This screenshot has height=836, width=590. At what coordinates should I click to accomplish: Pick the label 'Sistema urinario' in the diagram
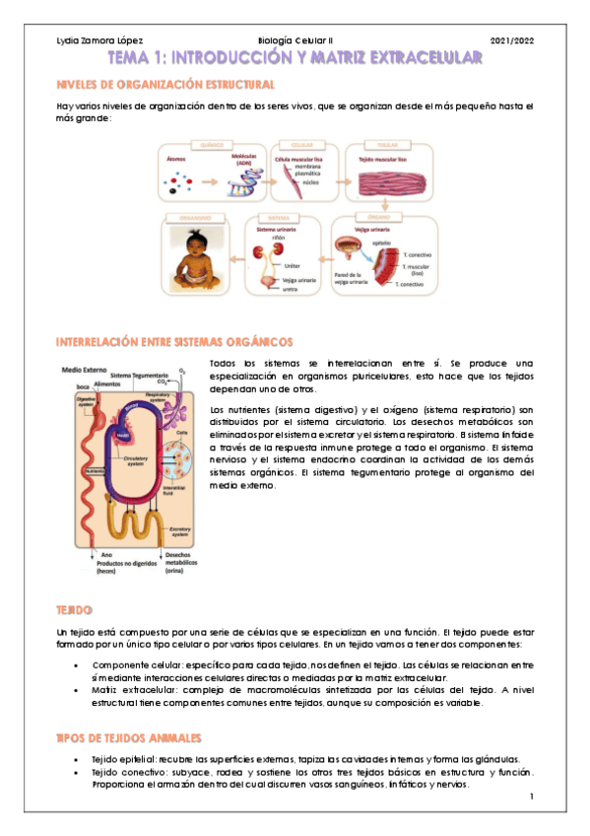(277, 228)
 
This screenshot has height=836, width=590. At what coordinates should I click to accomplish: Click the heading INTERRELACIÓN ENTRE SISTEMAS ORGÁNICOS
(174, 342)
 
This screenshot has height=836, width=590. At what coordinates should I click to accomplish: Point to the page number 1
(530, 797)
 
